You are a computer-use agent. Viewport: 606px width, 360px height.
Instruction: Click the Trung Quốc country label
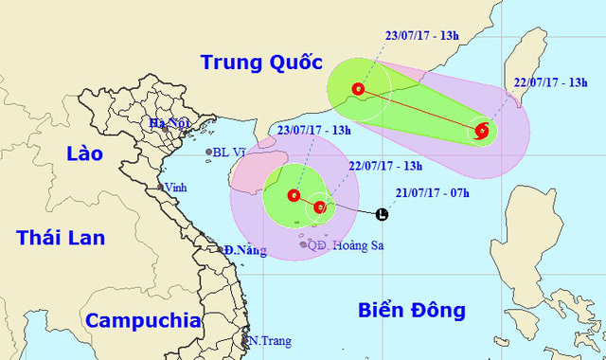255,63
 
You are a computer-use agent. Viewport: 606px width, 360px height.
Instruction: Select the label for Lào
83,153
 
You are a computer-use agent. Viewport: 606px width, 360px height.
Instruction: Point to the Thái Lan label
60,237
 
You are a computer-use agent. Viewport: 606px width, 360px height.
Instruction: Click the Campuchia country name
143,319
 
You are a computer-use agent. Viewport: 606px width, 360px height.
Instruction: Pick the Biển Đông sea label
414,310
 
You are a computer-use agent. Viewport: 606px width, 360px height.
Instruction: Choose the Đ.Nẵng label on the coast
242,250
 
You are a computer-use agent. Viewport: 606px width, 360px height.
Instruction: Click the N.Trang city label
268,340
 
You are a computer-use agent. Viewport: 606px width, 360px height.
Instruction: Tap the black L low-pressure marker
382,214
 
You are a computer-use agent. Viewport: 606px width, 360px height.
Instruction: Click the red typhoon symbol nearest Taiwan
481,132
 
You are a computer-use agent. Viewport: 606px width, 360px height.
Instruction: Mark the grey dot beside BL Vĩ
210,152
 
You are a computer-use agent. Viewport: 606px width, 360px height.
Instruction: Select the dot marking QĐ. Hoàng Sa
303,245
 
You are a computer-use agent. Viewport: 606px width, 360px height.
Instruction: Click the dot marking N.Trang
244,340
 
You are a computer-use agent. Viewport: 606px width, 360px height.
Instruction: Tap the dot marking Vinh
163,188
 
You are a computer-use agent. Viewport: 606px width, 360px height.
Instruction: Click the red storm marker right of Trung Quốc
358,90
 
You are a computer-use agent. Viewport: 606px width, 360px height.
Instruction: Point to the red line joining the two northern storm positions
419,111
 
